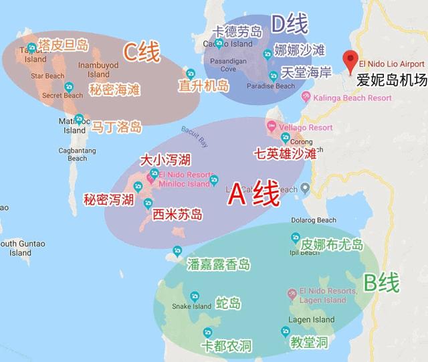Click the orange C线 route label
141,52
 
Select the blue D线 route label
289,25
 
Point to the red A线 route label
253,195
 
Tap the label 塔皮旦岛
64,46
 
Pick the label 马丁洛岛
116,125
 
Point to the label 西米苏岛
177,214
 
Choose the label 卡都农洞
226,347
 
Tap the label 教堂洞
308,343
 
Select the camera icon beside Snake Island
195,296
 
